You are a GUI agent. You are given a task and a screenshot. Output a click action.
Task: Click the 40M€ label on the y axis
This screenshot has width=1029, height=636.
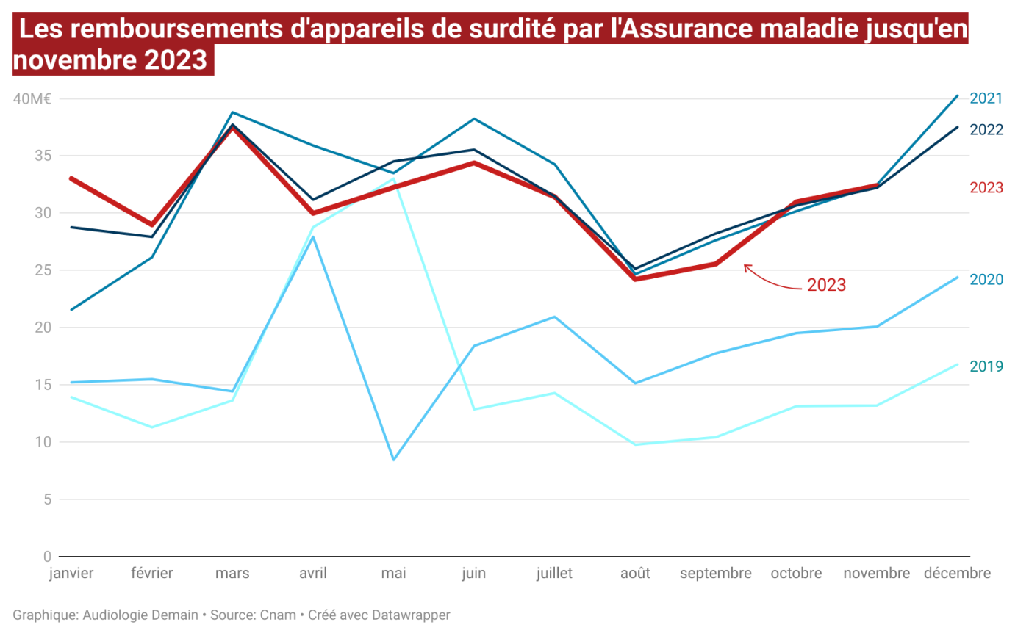point(32,98)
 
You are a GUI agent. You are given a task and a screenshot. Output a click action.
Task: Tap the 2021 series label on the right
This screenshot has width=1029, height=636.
point(986,98)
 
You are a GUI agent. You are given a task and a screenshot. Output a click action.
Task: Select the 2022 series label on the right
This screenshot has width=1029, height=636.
point(986,130)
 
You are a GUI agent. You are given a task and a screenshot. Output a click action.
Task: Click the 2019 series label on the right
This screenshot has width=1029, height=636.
point(986,366)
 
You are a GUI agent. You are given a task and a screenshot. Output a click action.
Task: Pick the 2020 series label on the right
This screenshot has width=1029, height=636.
point(986,280)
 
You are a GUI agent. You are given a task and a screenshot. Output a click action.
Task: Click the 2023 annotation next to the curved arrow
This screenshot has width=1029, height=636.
point(826,285)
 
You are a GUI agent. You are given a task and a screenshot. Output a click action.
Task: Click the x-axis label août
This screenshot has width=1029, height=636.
point(634,574)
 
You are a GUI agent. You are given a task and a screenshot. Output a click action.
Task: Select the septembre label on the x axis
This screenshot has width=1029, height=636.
point(715,574)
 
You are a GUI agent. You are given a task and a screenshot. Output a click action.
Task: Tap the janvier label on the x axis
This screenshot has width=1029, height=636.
point(71,574)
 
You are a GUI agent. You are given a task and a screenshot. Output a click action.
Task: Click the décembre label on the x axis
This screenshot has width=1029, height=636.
point(957,574)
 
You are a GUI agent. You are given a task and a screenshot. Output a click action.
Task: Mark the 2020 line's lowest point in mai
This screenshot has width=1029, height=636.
point(394,460)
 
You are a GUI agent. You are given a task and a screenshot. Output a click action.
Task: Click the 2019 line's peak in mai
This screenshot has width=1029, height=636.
point(394,178)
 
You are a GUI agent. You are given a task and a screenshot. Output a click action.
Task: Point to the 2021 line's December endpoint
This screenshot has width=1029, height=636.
point(957,95)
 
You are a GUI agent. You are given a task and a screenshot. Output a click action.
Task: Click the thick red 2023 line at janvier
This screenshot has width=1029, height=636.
point(71,178)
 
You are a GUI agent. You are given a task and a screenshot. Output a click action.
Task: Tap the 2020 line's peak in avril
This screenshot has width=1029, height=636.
point(313,237)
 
